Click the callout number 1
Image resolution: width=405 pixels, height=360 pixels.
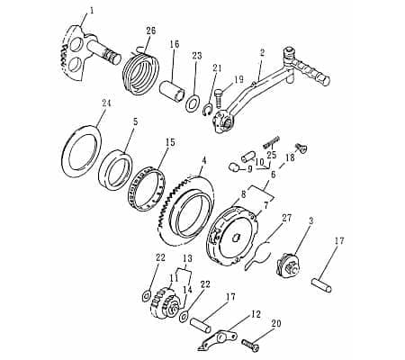pyautogui.click(x=90, y=12)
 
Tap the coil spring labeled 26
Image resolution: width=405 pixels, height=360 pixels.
pyautogui.click(x=143, y=69)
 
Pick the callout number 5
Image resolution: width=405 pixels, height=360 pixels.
pyautogui.click(x=135, y=121)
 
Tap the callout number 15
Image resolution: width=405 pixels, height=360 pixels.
pyautogui.click(x=170, y=142)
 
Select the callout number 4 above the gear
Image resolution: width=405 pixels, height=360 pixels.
pyautogui.click(x=204, y=161)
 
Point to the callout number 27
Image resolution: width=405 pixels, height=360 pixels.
pyautogui.click(x=287, y=218)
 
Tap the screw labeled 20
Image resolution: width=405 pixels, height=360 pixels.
pyautogui.click(x=251, y=344)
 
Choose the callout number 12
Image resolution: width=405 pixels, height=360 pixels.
pyautogui.click(x=256, y=314)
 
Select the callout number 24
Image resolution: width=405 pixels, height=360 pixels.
pyautogui.click(x=106, y=104)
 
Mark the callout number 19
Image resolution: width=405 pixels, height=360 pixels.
pyautogui.click(x=239, y=79)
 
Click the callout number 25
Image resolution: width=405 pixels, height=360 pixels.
pyautogui.click(x=270, y=156)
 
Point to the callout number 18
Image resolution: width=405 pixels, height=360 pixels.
pyautogui.click(x=289, y=157)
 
